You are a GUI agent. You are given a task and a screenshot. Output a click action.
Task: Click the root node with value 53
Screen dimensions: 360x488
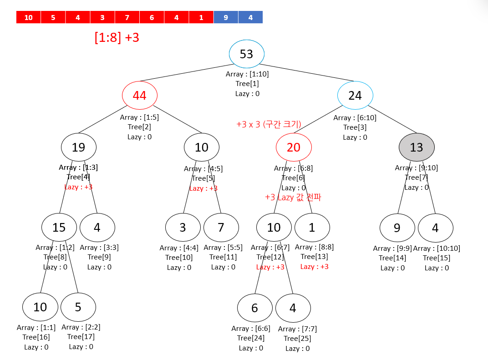(247, 54)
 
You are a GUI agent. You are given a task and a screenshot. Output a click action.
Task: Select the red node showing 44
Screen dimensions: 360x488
(140, 96)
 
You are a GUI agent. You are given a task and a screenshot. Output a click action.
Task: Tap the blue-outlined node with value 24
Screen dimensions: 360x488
(355, 96)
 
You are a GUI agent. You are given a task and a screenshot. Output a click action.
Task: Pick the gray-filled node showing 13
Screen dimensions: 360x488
(417, 147)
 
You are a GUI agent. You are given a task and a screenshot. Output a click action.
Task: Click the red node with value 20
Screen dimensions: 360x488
(294, 147)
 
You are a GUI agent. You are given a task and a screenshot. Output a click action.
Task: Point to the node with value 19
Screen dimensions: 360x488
(79, 147)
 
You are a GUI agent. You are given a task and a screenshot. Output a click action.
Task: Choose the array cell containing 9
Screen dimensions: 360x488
(226, 17)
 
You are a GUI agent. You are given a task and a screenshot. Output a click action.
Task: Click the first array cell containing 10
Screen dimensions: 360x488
(28, 17)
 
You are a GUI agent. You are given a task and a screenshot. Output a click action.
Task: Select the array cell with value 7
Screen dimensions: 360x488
(127, 17)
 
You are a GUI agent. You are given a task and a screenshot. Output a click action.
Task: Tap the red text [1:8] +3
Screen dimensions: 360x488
(117, 37)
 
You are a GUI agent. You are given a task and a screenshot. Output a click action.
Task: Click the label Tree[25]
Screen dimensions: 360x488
(297, 339)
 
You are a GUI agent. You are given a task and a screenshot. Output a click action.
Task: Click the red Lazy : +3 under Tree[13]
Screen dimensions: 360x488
(314, 267)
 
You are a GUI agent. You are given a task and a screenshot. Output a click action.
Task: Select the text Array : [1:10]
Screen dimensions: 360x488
(247, 74)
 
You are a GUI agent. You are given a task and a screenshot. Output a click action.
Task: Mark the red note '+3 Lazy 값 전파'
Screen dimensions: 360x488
(293, 198)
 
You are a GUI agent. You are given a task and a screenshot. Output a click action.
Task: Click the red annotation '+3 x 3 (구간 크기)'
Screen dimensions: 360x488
(269, 124)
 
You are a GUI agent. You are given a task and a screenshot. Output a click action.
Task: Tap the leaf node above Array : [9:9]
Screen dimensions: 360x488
(397, 228)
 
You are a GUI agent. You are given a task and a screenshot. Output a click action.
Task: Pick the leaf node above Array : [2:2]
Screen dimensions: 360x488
(78, 307)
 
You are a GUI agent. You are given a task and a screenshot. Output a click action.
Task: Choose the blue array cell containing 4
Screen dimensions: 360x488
(250, 17)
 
